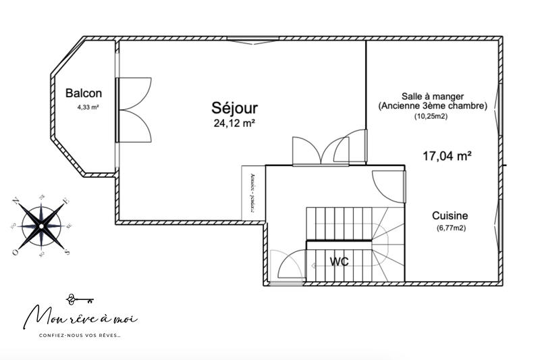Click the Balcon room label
(84, 94)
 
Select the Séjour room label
(235, 107)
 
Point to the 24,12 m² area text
(234, 123)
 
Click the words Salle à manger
(432, 96)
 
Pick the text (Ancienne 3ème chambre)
(432, 106)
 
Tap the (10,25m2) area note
(432, 116)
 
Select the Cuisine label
(450, 216)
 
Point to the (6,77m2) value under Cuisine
(451, 228)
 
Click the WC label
(340, 261)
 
